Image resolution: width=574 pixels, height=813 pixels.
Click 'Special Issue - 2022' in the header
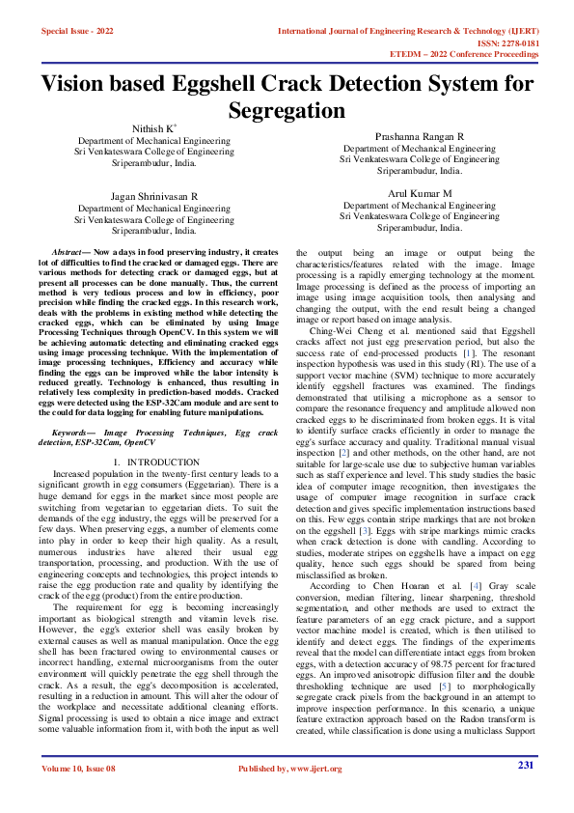pos(77,31)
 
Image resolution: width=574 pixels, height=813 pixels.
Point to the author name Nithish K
pos(154,127)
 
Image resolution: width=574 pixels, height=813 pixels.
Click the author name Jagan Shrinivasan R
pos(154,195)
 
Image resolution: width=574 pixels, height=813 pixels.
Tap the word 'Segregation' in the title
pos(287,110)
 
